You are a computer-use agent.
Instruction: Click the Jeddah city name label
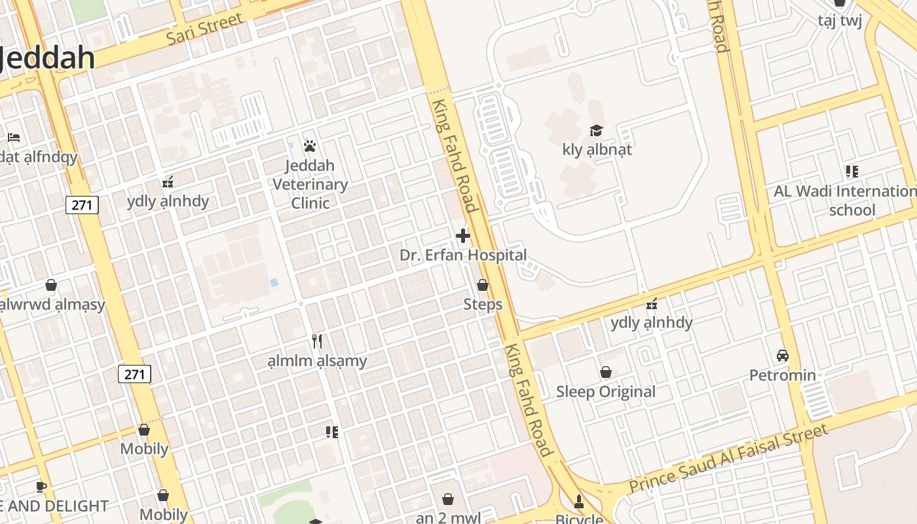tap(47, 58)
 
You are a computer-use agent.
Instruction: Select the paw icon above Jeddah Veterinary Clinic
tap(310, 145)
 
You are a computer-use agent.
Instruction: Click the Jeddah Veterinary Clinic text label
tap(310, 184)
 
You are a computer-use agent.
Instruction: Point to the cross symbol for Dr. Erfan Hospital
tap(463, 236)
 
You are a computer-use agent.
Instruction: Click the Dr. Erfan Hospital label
tap(463, 255)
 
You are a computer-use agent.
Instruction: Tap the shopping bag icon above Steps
tap(483, 285)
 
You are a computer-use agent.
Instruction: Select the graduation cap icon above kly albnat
tap(596, 130)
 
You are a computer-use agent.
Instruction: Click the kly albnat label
tap(597, 149)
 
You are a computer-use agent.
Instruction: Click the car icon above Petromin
tap(782, 356)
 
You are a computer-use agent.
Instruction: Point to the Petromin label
tap(782, 375)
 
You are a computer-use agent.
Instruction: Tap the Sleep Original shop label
tap(605, 392)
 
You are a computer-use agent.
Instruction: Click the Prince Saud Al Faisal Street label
tap(728, 458)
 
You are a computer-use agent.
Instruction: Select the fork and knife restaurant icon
tap(318, 341)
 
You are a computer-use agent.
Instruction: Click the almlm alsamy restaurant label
tap(318, 361)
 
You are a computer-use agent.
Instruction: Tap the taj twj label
tap(839, 20)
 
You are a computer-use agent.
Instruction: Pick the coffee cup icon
tap(41, 487)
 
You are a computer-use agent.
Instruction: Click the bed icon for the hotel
tap(14, 138)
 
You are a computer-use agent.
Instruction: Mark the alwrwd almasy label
tap(52, 305)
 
